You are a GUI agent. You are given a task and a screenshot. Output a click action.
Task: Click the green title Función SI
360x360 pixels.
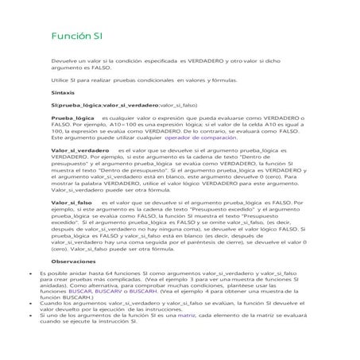[76, 37]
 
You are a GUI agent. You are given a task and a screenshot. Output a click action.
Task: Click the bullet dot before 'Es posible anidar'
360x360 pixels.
[29, 273]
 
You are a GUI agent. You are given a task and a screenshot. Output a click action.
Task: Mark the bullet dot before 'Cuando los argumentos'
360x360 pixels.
[29, 304]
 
